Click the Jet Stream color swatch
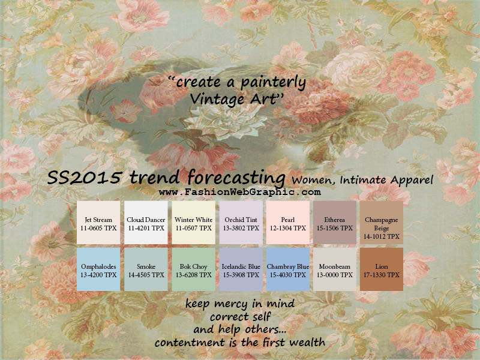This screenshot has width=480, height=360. point(98,223)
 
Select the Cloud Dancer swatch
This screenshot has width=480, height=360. point(146,223)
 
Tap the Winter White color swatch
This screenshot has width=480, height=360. point(193,223)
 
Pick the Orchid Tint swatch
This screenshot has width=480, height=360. point(241,223)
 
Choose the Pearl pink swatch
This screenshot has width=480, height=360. point(288,223)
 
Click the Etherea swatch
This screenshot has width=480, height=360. point(335,223)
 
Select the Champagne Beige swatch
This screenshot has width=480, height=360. point(382,223)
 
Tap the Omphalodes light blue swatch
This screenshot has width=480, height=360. point(98,269)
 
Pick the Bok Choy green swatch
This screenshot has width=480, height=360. point(193,269)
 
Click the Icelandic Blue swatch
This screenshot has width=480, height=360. point(241,269)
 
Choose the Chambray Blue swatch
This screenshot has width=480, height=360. point(288,269)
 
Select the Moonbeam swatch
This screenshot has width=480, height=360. point(335,269)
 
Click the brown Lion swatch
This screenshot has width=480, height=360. point(382,269)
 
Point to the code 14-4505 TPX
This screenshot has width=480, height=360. point(146,275)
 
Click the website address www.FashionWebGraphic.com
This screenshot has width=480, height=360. point(239,192)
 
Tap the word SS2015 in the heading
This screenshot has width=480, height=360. point(84,177)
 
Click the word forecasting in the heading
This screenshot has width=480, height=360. point(236,178)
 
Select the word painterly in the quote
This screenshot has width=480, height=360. point(273,83)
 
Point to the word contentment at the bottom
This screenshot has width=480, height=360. point(190,342)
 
